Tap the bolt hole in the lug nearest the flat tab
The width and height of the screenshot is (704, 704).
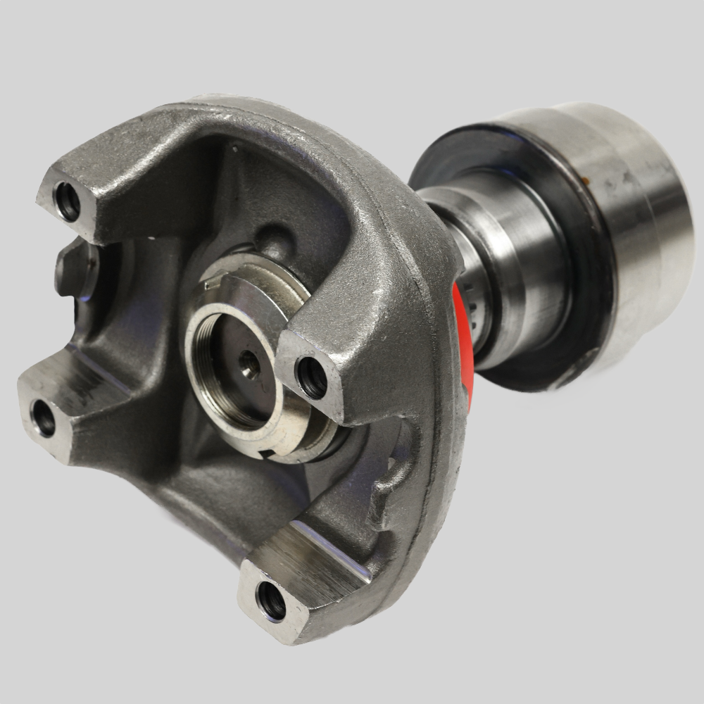pos(68,201)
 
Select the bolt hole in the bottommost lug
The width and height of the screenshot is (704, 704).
pos(272,600)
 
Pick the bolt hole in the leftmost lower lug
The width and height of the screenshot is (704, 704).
pos(44,418)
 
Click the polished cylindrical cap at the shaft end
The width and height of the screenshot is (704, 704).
pos(634,211)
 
